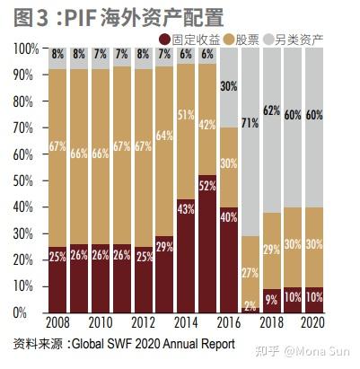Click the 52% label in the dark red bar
pyautogui.click(x=208, y=186)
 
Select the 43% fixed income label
pyautogui.click(x=187, y=208)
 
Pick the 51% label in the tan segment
pyautogui.click(x=187, y=115)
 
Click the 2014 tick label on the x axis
pyautogui.click(x=187, y=324)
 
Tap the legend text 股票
pyautogui.click(x=249, y=39)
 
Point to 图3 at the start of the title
pyautogui.click(x=30, y=16)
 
